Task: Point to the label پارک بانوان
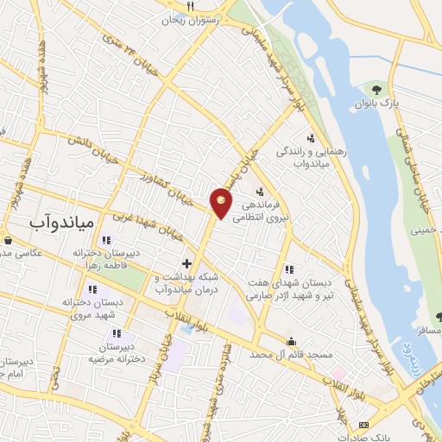click(x=376, y=105)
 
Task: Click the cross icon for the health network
click(x=186, y=262)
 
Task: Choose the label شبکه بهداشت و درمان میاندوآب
click(x=186, y=283)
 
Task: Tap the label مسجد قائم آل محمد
click(x=293, y=355)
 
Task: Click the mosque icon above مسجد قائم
click(x=292, y=340)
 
